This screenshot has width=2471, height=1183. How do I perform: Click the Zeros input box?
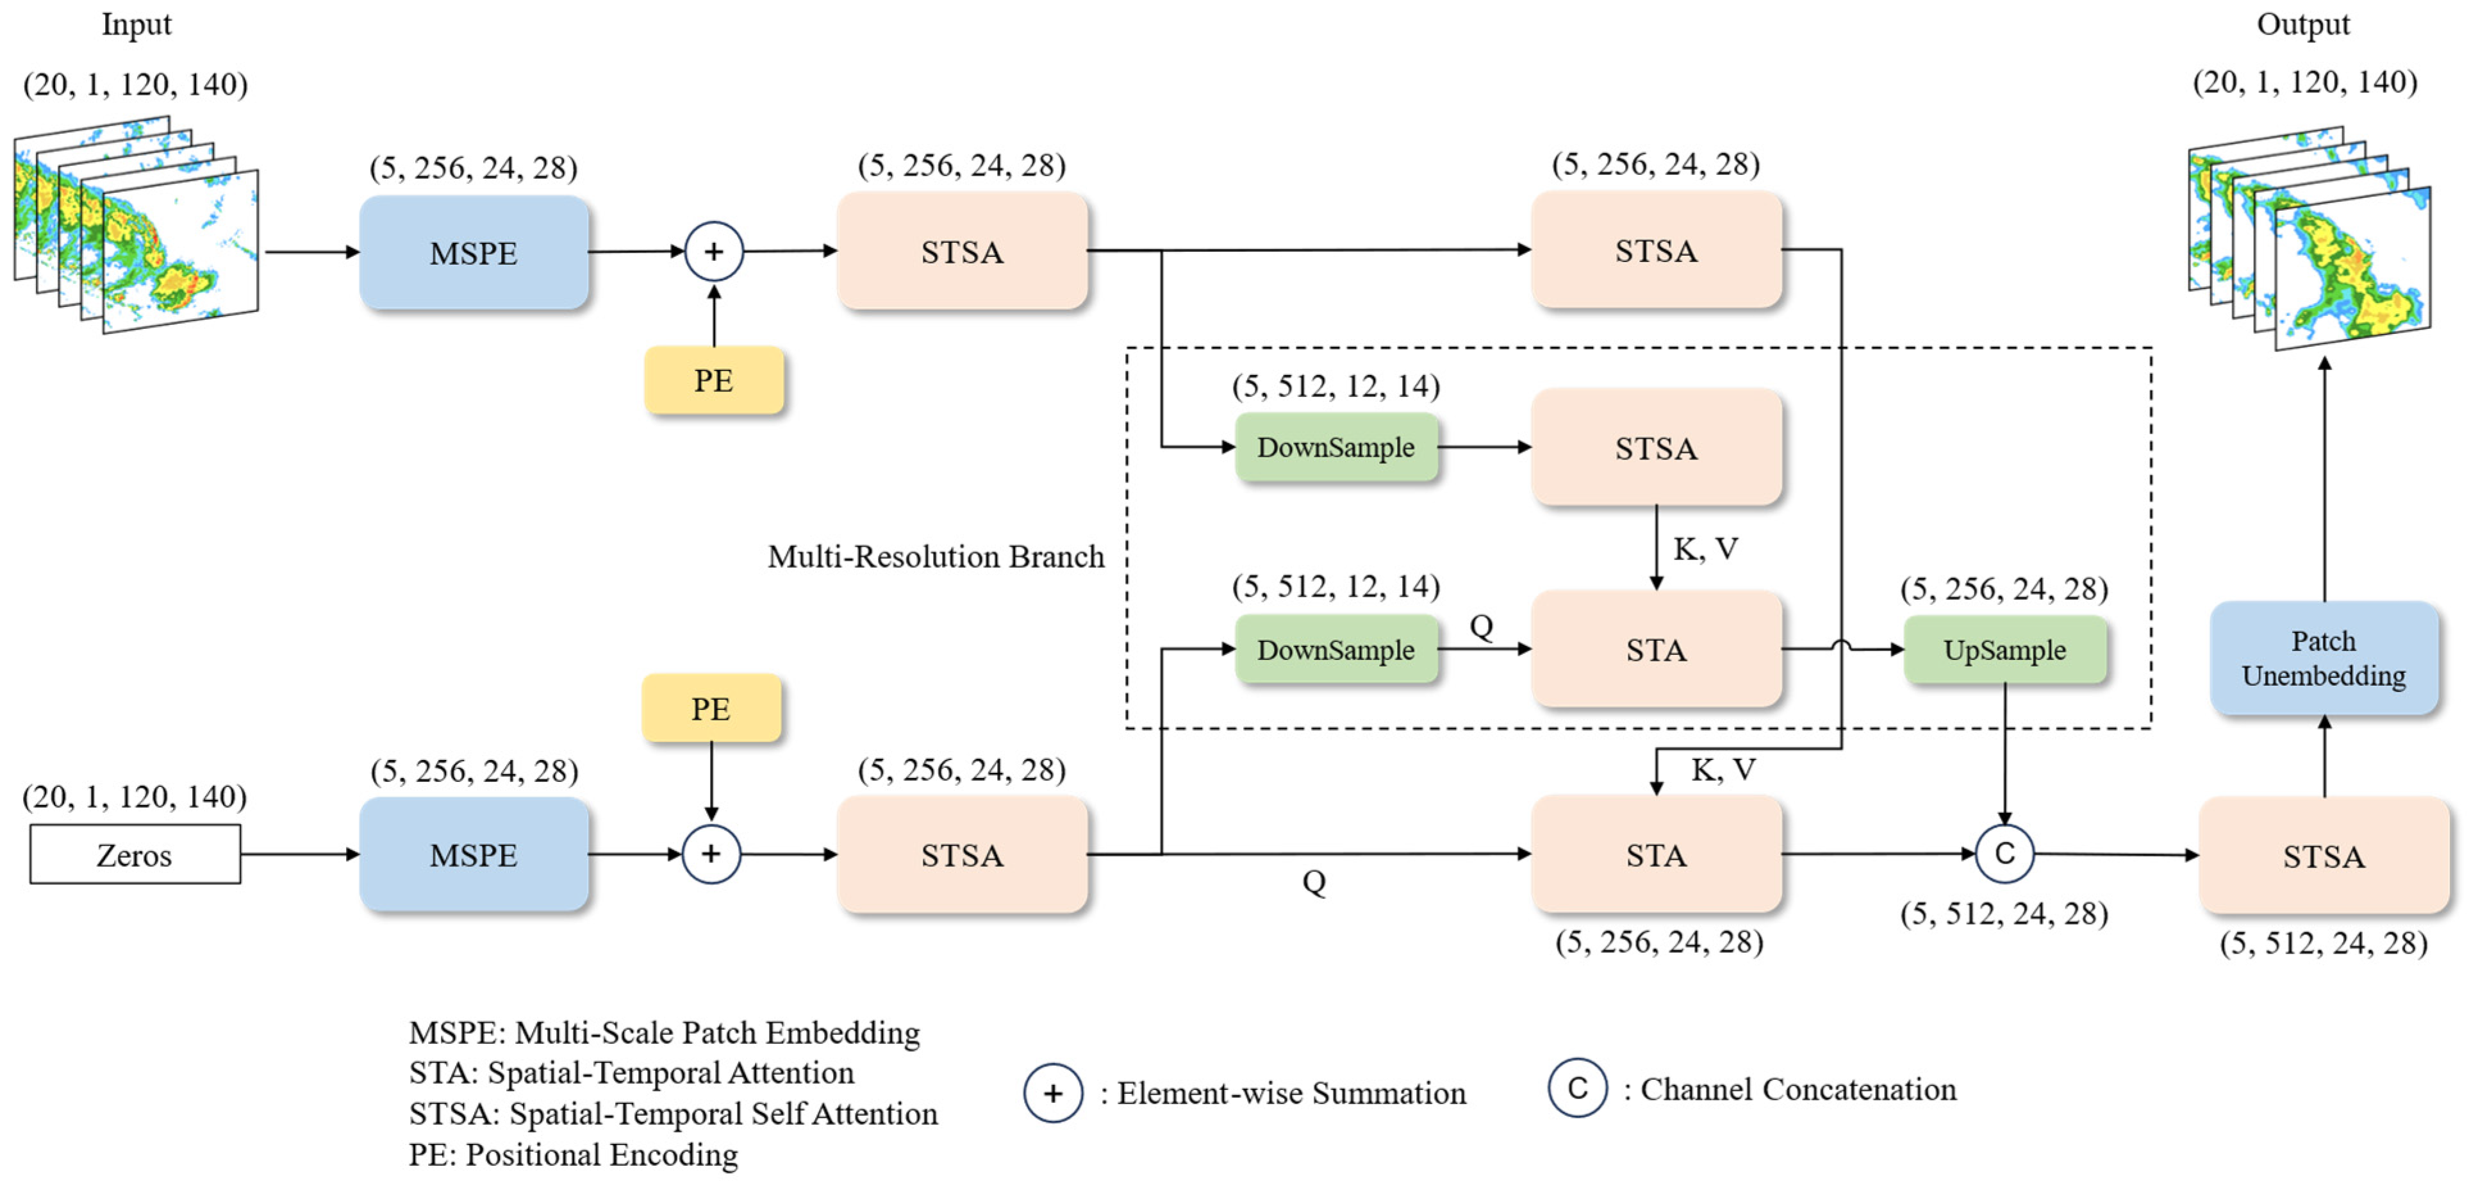[135, 854]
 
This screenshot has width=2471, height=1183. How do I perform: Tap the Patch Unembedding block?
[2323, 658]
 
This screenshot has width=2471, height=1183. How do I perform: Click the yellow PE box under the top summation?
[714, 380]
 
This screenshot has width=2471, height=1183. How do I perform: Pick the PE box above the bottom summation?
[711, 708]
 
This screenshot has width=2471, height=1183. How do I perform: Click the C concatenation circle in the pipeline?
[2004, 853]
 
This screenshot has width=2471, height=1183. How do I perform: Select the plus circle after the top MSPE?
[714, 251]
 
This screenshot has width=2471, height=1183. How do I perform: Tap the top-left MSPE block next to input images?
[474, 252]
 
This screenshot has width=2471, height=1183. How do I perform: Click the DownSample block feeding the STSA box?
[1335, 447]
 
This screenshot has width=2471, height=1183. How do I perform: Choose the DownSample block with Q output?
[1335, 650]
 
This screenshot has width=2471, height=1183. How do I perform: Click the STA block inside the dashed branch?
[1656, 650]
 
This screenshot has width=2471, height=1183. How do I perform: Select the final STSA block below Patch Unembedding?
[2323, 855]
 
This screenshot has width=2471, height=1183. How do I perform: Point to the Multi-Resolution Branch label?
[935, 556]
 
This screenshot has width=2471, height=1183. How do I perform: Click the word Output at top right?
[2302, 24]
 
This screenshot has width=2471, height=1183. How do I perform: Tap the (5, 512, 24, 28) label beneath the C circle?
[2004, 913]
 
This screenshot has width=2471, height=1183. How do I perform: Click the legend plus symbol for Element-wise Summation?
[1052, 1093]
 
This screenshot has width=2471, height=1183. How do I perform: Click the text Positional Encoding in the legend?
[602, 1154]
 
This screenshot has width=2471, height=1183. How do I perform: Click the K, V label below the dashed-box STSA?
[1705, 549]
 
